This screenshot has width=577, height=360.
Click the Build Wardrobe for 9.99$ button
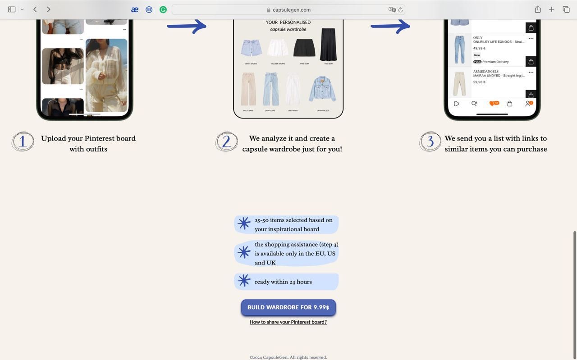point(288,307)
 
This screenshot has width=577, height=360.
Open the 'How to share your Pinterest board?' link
point(288,322)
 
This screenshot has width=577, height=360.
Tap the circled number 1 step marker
point(23,141)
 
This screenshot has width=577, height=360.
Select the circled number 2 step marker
point(226,141)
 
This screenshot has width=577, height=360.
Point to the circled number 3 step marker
point(430,141)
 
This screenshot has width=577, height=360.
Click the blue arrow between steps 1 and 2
point(187,26)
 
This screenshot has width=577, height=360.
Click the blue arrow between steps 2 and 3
point(390,26)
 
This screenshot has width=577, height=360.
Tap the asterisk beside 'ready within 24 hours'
point(244,281)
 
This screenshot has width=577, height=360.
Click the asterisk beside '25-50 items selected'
point(244,223)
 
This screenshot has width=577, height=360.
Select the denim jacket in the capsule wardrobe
point(322,90)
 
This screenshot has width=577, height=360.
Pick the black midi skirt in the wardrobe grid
point(328,44)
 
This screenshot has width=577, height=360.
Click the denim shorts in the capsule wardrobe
point(251,48)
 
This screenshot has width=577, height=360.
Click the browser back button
point(35,9)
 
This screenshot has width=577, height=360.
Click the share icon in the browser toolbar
point(538,9)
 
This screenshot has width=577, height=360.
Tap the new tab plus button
point(551,9)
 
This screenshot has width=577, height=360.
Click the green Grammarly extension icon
point(163,9)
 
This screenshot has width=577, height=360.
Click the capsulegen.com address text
point(291,9)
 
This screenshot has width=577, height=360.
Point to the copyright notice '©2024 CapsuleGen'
point(288,357)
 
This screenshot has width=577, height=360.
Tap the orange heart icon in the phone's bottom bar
point(493,104)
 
